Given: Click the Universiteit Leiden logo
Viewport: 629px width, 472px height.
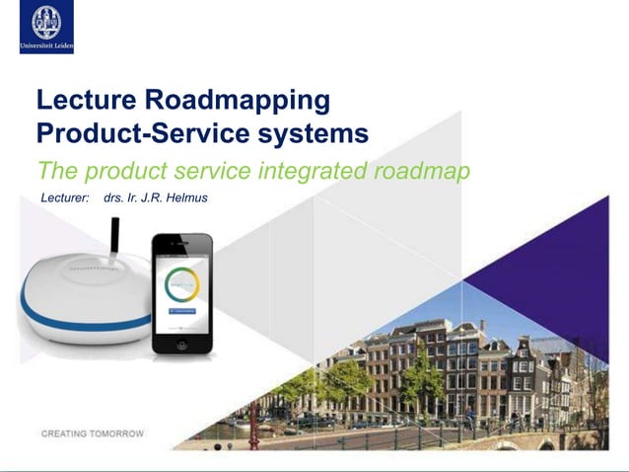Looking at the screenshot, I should click(x=46, y=27).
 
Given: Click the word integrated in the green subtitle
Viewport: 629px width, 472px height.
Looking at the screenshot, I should click(x=314, y=170).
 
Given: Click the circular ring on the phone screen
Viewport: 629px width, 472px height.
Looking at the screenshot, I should click(x=181, y=284).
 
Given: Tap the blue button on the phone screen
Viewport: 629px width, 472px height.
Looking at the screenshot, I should click(x=181, y=311).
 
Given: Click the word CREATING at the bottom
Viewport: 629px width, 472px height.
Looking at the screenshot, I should click(x=66, y=433).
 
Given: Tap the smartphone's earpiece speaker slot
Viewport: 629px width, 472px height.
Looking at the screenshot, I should click(x=181, y=243).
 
